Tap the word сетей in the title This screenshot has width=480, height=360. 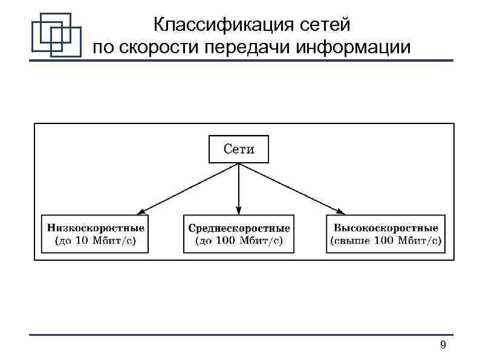pos(323,25)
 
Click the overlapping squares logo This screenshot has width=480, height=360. pos(56,34)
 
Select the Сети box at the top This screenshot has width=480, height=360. pos(239,149)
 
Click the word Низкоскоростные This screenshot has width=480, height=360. pos(96,228)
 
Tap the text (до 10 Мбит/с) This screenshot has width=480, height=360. pos(96,241)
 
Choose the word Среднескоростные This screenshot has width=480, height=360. pos(239,228)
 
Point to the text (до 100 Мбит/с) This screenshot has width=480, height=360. pos(239,241)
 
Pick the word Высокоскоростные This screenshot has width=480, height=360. pos(386,228)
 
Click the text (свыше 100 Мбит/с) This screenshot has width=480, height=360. pos(386,241)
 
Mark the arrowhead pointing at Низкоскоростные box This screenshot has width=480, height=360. pos(139,212)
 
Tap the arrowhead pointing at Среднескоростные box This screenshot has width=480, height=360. pos(239,210)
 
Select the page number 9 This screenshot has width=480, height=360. pos(443,345)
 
